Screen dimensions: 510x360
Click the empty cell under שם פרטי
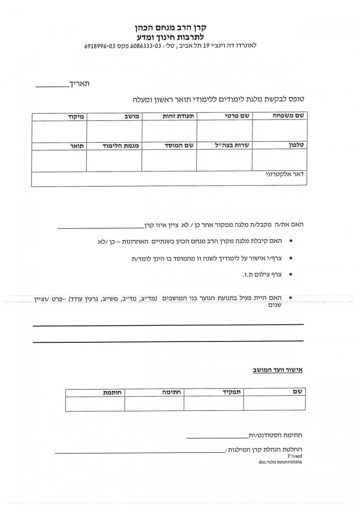tap(225, 131)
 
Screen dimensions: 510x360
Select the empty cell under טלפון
tap(280, 161)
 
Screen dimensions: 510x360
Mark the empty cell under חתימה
tap(154, 404)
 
